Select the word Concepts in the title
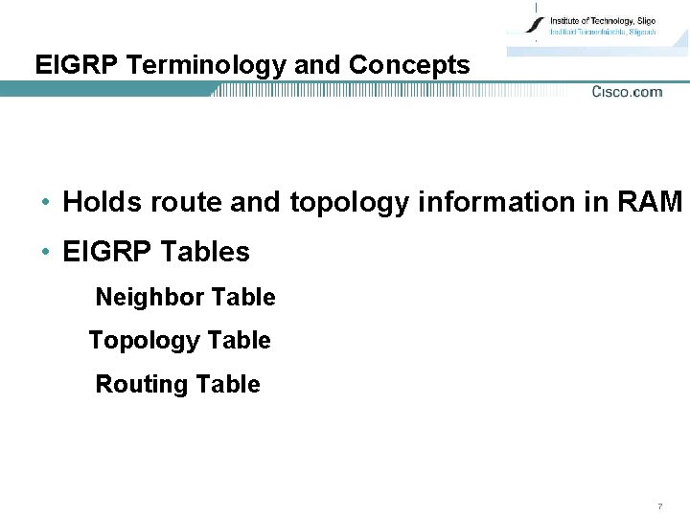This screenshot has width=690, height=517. click(x=409, y=65)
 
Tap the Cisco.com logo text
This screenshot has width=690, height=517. click(x=627, y=92)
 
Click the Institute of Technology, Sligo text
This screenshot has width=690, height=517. click(x=602, y=19)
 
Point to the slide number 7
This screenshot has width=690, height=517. click(x=659, y=505)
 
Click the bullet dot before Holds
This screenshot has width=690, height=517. click(x=46, y=203)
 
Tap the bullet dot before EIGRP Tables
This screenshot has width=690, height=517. click(x=46, y=253)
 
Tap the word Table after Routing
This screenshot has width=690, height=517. click(x=227, y=385)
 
